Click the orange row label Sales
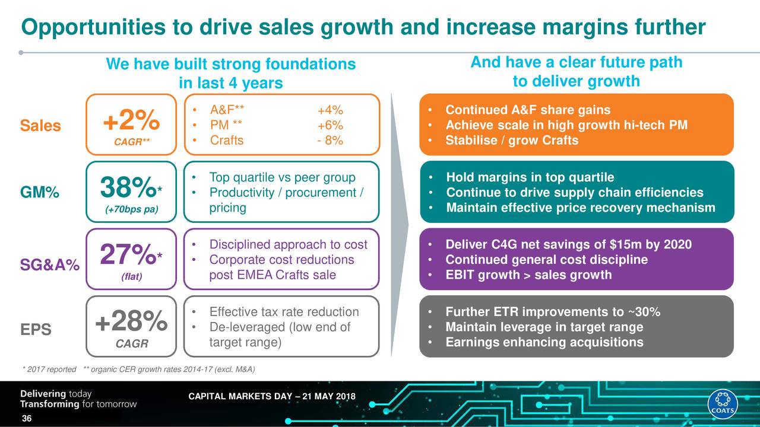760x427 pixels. tap(40, 126)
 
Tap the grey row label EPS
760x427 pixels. tap(37, 330)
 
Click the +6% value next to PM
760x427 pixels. tap(330, 125)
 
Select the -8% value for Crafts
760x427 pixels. tap(330, 141)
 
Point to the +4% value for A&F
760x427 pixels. tap(330, 110)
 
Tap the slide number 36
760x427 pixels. tap(26, 420)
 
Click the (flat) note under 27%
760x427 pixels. tap(131, 276)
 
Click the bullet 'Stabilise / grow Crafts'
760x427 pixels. tap(511, 141)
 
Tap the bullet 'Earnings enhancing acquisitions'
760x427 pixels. tap(544, 342)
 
